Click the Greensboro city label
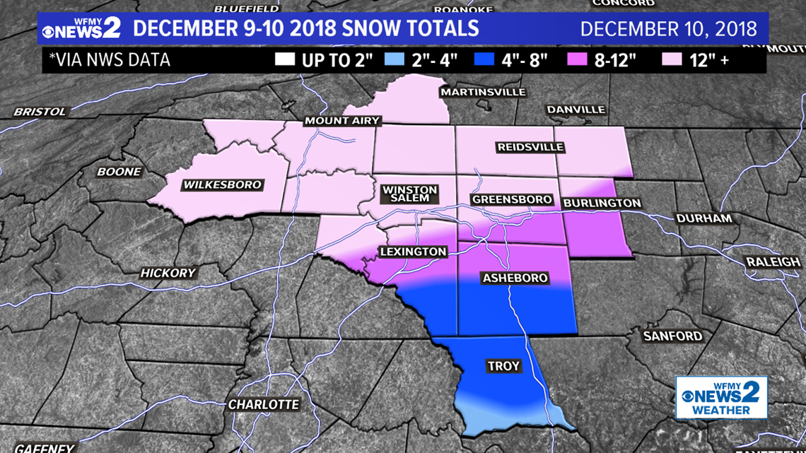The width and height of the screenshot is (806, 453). click(x=511, y=200)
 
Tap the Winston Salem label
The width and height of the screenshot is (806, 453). click(x=409, y=194)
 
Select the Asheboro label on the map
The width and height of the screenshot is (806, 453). click(x=514, y=278)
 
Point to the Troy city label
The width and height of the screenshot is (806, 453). click(x=503, y=366)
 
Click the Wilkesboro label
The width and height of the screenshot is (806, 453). click(x=222, y=185)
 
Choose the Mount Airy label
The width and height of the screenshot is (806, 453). click(x=342, y=121)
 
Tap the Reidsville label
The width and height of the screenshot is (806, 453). click(x=530, y=147)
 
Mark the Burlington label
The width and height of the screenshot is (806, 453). click(x=602, y=204)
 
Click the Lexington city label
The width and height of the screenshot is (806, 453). click(x=413, y=252)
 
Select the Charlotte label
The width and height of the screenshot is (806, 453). click(x=263, y=405)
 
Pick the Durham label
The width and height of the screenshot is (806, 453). click(x=703, y=218)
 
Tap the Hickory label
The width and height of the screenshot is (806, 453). click(x=168, y=273)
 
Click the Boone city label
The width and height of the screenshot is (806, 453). click(x=119, y=172)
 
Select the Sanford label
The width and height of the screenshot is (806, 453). click(x=672, y=336)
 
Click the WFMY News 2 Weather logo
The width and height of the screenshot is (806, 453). click(x=721, y=397)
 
